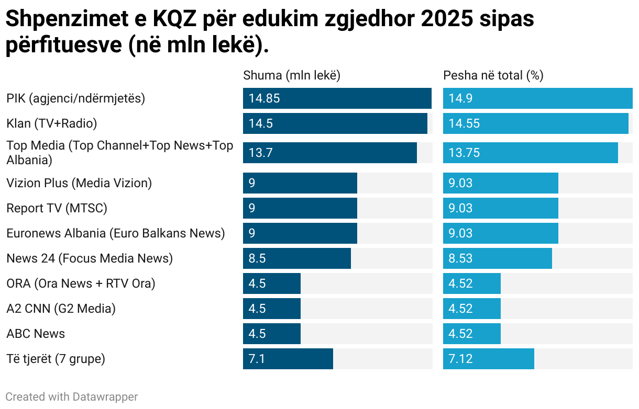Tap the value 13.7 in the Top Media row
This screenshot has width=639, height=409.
[x=261, y=153]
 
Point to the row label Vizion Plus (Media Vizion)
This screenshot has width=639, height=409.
[x=79, y=183]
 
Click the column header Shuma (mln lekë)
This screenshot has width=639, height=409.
[x=292, y=75]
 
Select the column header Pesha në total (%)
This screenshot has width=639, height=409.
[x=493, y=75]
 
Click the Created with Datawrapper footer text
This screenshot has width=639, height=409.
[x=72, y=397]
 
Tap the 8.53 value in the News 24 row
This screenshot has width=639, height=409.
[x=460, y=258]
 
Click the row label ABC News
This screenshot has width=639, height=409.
[x=36, y=334]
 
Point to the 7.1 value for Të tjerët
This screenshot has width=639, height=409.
[x=257, y=359]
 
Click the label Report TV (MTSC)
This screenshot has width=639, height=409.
[x=57, y=208]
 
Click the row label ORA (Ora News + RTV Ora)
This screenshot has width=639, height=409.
[x=81, y=283]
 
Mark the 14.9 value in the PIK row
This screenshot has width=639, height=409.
[x=460, y=98]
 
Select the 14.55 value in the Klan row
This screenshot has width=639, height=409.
[x=464, y=123]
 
